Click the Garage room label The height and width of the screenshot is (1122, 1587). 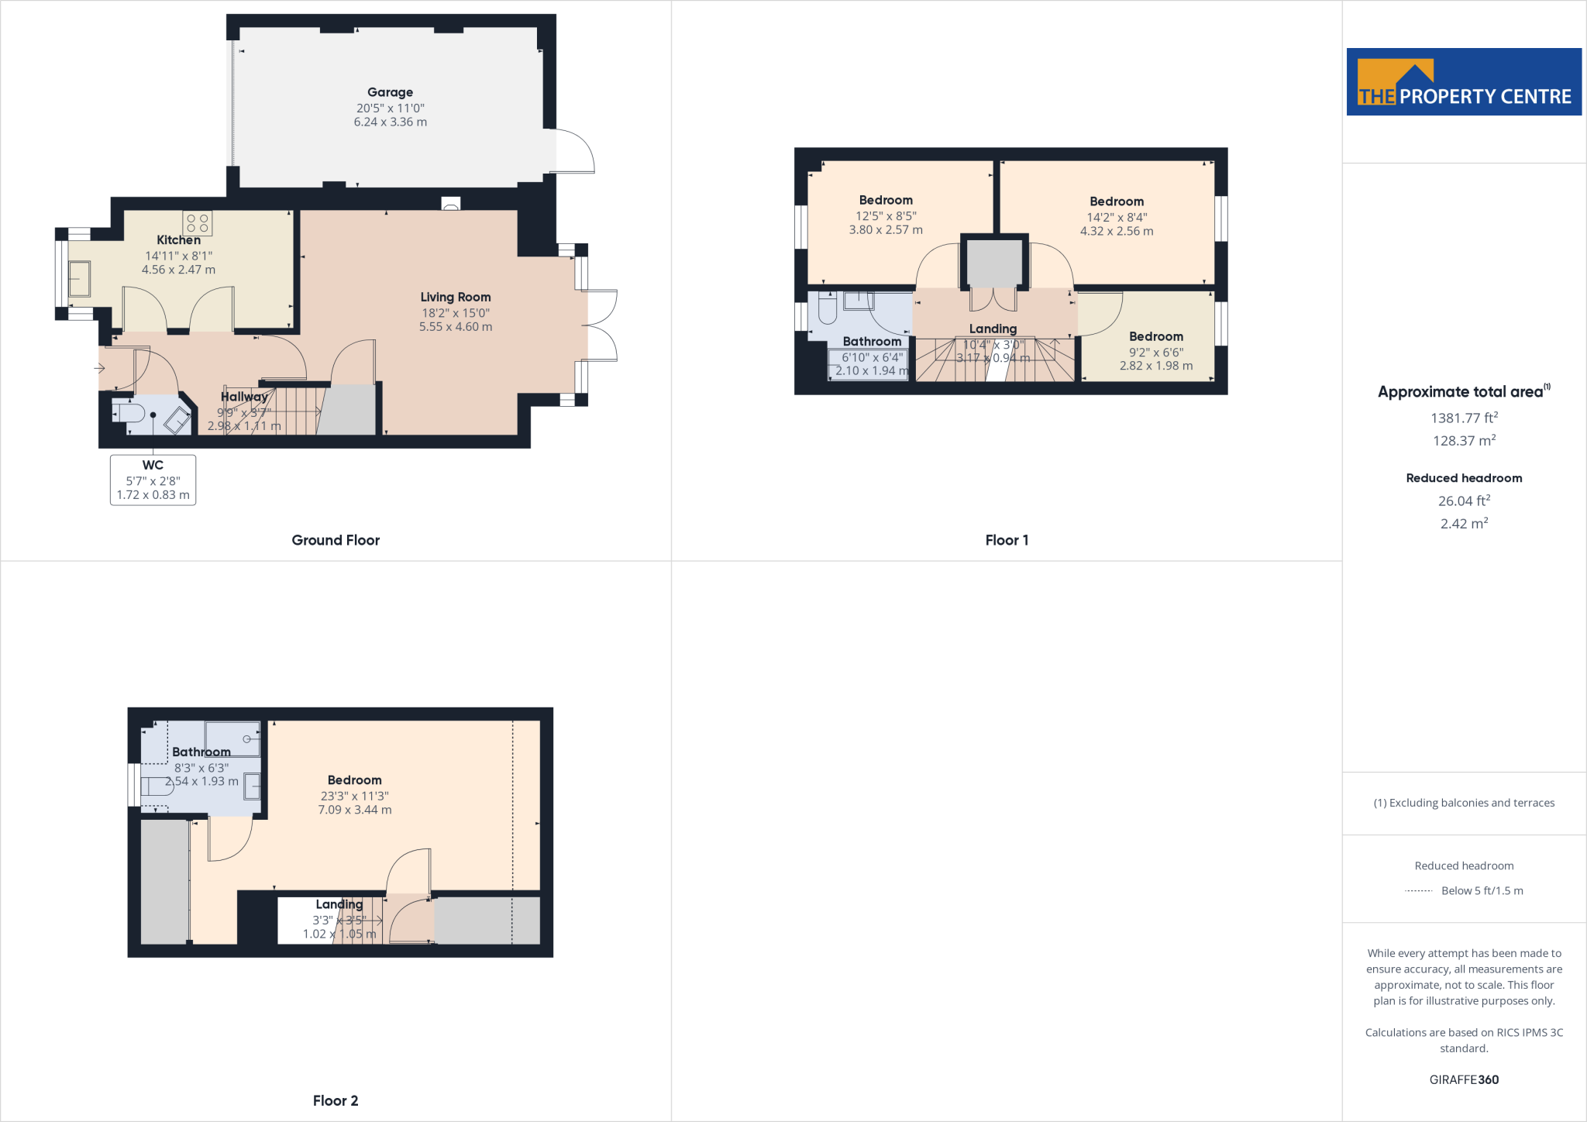click(x=390, y=92)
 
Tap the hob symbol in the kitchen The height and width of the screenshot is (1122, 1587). click(x=198, y=223)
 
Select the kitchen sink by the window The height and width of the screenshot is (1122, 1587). click(x=79, y=278)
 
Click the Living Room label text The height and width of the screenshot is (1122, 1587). click(x=456, y=297)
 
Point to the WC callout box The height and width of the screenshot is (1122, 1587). click(x=153, y=480)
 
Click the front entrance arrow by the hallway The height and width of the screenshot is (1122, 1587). click(x=100, y=368)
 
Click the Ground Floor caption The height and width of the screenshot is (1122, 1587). click(x=336, y=540)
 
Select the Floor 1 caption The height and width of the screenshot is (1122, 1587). click(x=1007, y=540)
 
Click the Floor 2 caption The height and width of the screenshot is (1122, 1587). click(x=336, y=1100)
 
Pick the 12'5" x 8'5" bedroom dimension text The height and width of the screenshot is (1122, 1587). click(x=886, y=216)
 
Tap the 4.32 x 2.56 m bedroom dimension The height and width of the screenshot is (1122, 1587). click(x=1117, y=231)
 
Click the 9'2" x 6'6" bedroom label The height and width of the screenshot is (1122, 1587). click(x=1155, y=352)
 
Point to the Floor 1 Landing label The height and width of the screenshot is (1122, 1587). click(x=993, y=329)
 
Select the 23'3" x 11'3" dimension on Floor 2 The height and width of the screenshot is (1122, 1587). click(x=355, y=796)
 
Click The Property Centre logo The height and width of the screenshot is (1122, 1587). click(x=1464, y=82)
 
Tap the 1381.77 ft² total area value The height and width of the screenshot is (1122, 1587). click(x=1464, y=418)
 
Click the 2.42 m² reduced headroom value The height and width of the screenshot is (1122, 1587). click(x=1464, y=524)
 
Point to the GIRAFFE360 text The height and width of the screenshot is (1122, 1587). click(x=1464, y=1079)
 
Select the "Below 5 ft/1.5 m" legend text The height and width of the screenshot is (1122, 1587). click(x=1482, y=890)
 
